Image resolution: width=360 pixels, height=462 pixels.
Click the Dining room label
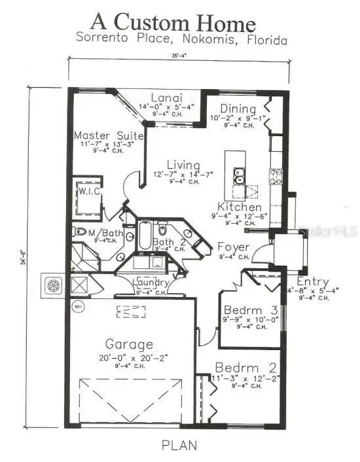(x=233, y=109)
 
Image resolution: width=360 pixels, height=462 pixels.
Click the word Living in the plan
(x=178, y=164)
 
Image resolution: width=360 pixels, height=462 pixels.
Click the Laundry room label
(x=151, y=283)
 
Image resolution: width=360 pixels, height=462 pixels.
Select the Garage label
(x=130, y=344)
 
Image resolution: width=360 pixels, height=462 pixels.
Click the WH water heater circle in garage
(x=78, y=306)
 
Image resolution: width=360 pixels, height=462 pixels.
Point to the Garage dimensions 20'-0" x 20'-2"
(x=130, y=358)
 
